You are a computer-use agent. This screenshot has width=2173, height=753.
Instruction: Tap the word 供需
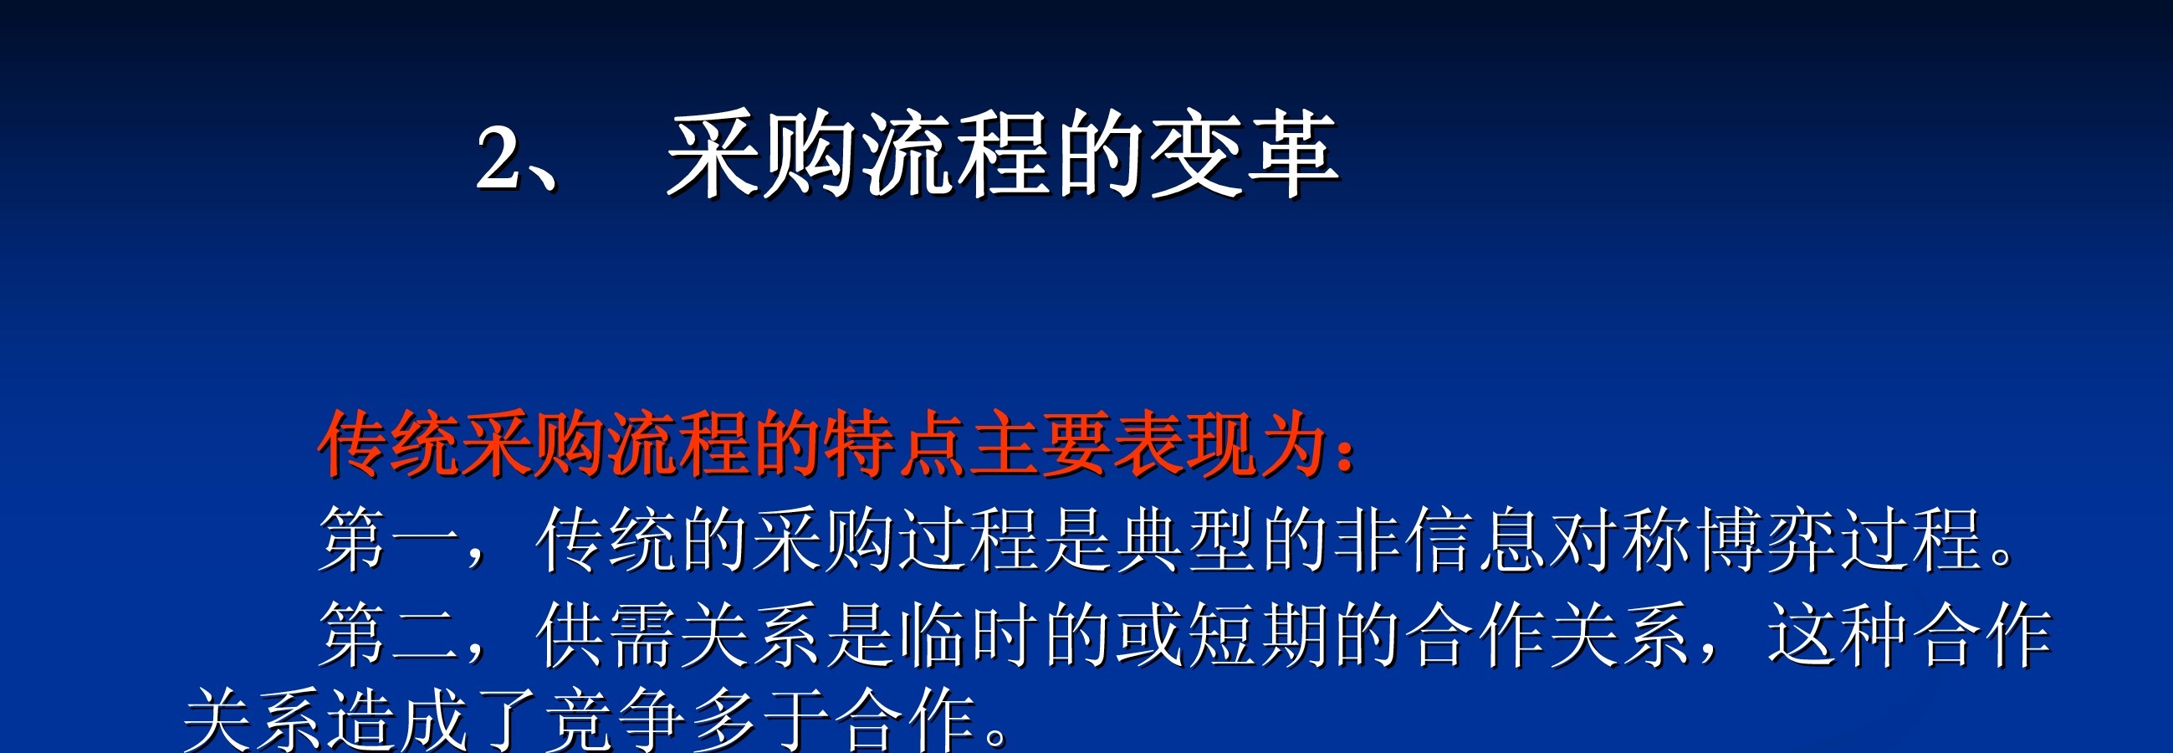coord(606,635)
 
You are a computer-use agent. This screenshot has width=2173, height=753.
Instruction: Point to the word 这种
coord(1838,635)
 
